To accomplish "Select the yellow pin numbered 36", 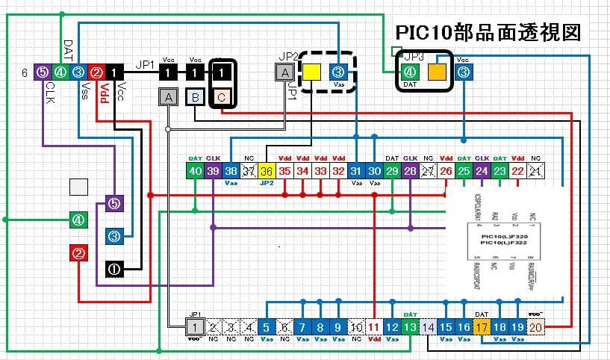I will click(267, 171).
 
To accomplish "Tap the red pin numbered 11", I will click(374, 326).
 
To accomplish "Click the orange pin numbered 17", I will click(482, 326).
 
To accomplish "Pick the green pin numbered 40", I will click(195, 171).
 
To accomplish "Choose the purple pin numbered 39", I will click(213, 171).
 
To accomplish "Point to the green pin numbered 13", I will click(410, 326).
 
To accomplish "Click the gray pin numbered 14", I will click(428, 326).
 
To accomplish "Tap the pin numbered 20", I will click(536, 326).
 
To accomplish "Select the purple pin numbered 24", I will click(482, 171).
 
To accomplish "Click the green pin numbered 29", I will click(392, 171).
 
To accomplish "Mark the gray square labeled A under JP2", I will click(284, 72).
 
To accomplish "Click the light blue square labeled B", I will click(194, 97).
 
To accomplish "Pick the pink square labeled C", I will click(221, 97).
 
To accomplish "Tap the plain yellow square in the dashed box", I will click(311, 72).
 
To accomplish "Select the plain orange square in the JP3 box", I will click(436, 72).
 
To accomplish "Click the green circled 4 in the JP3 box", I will click(409, 72).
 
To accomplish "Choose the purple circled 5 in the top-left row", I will click(42, 72).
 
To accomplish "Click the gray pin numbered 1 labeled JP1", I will click(194, 326).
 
